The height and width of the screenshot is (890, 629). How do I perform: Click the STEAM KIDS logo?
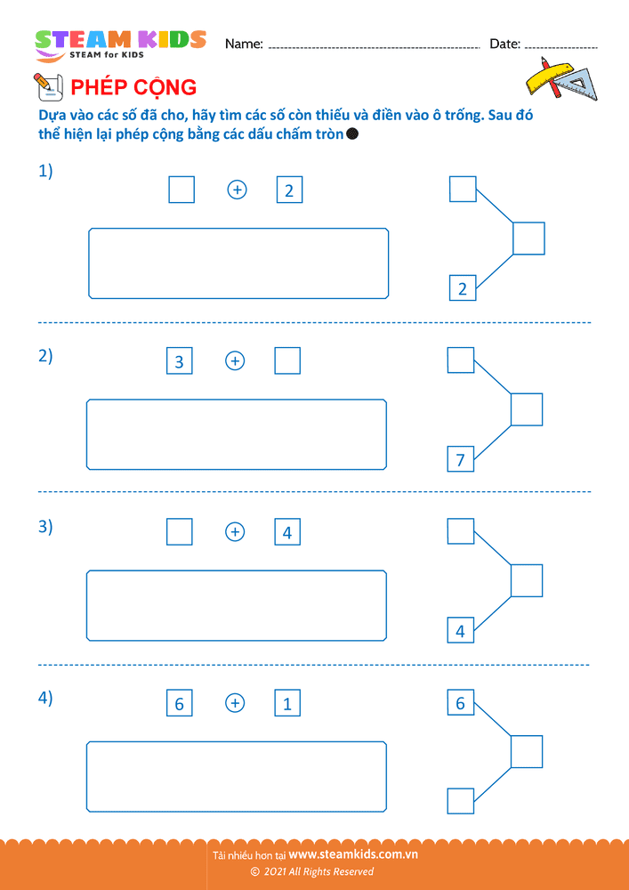(120, 44)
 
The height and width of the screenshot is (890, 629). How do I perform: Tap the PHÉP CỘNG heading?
(133, 87)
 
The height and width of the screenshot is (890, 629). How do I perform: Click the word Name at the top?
(244, 44)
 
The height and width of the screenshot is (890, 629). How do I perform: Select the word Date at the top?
(505, 44)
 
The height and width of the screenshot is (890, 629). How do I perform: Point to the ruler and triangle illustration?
(560, 79)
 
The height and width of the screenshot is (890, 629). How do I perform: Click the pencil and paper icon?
(48, 87)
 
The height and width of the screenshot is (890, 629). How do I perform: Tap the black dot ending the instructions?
(351, 134)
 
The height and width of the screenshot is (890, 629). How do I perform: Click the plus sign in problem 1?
(237, 190)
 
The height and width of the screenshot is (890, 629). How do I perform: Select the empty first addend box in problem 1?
(181, 190)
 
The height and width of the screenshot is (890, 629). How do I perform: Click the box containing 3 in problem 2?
(179, 361)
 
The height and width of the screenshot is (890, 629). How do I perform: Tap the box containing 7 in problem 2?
(461, 459)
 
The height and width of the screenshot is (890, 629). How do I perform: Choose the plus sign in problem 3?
(235, 532)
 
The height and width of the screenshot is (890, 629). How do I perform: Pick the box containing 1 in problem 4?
(287, 703)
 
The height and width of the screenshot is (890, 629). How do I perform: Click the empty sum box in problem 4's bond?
(527, 736)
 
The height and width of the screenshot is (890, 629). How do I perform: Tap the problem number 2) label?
(45, 357)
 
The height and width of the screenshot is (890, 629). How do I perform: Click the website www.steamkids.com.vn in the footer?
(353, 854)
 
